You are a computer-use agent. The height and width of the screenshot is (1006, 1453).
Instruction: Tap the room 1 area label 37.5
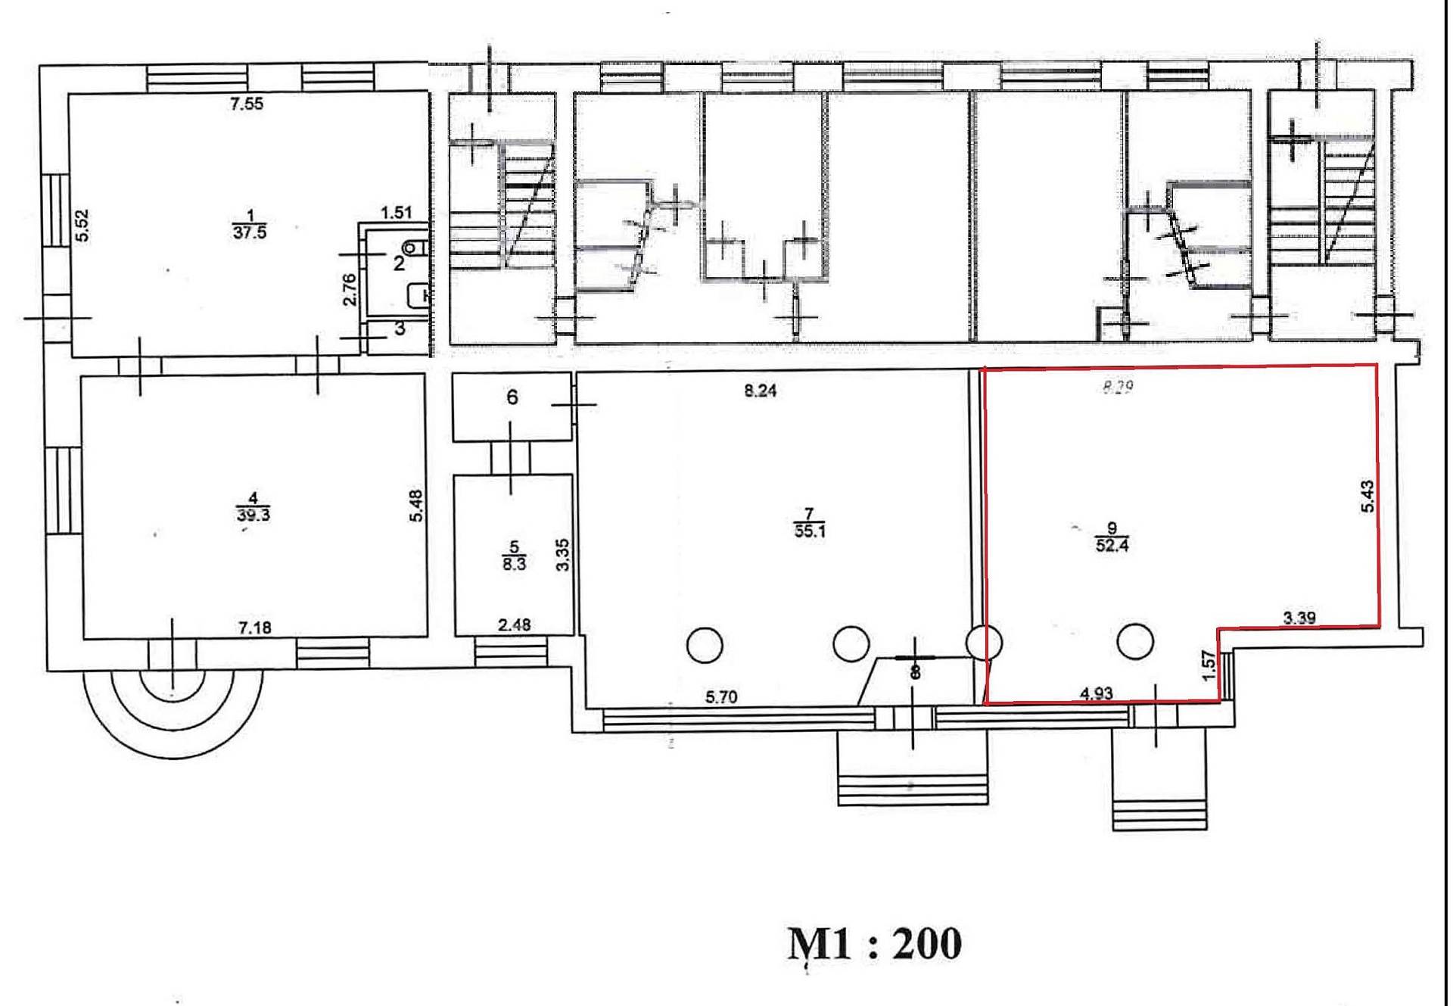[x=250, y=232]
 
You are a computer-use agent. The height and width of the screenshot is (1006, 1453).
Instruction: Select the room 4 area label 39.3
[x=254, y=515]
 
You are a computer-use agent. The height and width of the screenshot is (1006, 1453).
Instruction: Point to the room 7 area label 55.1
[x=810, y=531]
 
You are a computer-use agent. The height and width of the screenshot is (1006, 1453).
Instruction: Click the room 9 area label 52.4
[x=1112, y=544]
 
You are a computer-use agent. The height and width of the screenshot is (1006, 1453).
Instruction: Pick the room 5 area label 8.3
[x=514, y=563]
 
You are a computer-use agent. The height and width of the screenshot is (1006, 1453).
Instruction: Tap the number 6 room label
[x=512, y=397]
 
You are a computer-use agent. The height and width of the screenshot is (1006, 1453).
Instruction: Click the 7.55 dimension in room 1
[x=247, y=104]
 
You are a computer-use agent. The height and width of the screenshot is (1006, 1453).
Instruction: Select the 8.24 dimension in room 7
[x=761, y=391]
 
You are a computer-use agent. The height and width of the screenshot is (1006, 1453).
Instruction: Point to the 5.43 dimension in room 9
[x=1367, y=497]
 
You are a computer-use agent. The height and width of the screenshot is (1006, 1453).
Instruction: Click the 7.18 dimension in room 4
[x=254, y=628]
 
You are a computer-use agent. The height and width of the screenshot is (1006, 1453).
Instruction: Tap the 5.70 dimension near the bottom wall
[x=721, y=696]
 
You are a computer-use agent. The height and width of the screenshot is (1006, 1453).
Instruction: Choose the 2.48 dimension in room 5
[x=514, y=624]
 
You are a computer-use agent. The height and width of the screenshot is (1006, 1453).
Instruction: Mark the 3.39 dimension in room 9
[x=1299, y=618]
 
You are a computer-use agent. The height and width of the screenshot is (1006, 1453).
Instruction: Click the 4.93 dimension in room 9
[x=1096, y=693]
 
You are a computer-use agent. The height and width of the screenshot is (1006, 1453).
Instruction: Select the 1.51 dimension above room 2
[x=397, y=213]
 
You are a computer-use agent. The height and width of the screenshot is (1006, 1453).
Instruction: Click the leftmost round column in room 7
[x=705, y=645]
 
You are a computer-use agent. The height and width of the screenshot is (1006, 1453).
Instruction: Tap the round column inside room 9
[x=1134, y=642]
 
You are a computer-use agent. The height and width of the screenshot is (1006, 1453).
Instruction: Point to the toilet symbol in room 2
[x=415, y=248]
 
